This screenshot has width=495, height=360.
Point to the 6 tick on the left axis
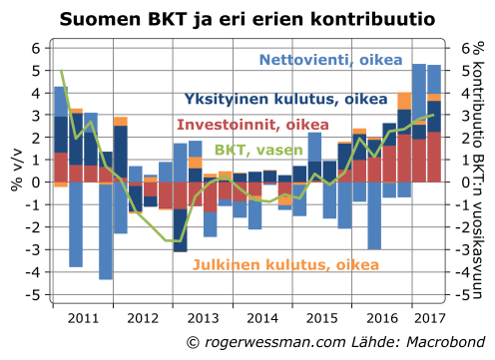[34, 48]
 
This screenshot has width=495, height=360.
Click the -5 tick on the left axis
[31, 296]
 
